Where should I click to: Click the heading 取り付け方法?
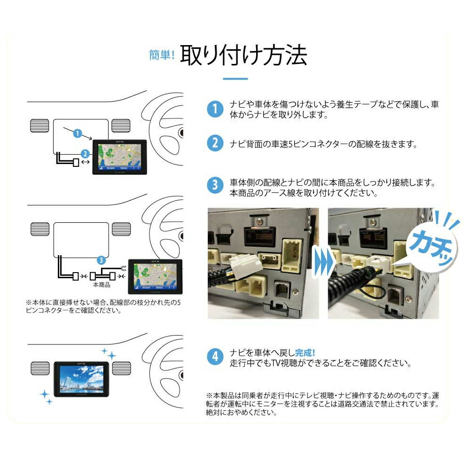pyautogui.click(x=244, y=55)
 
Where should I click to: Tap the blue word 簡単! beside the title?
pyautogui.click(x=162, y=55)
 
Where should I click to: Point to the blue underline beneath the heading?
pyautogui.click(x=235, y=78)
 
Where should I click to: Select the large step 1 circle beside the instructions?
pyautogui.click(x=215, y=110)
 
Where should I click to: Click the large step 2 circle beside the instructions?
pyautogui.click(x=215, y=143)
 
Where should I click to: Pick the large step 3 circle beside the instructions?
pyautogui.click(x=215, y=185)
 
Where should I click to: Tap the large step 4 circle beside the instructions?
pyautogui.click(x=215, y=357)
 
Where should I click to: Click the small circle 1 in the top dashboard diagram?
pyautogui.click(x=78, y=133)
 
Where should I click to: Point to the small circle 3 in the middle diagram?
pyautogui.click(x=101, y=260)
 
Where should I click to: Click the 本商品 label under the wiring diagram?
pyautogui.click(x=102, y=285)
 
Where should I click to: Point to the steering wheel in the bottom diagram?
pyautogui.click(x=164, y=364)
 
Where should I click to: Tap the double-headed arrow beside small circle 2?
pyautogui.click(x=86, y=162)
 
